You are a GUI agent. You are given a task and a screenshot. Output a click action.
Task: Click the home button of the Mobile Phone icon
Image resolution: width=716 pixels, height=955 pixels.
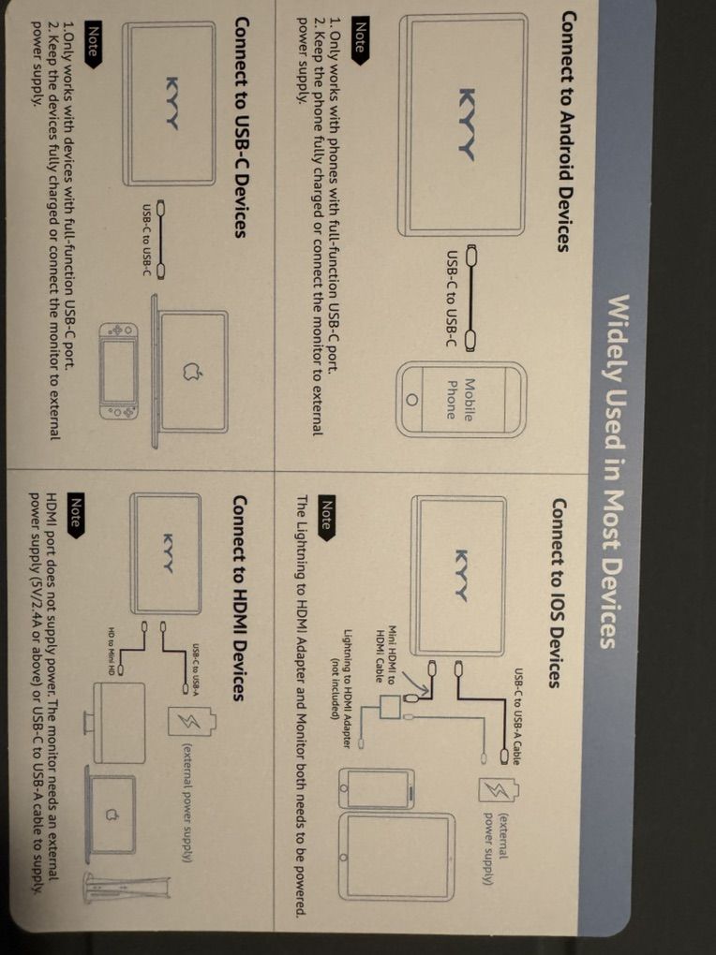(x=410, y=399)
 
